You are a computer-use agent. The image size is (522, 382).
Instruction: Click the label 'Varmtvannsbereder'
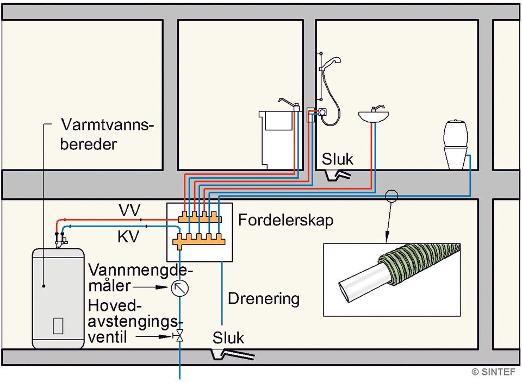(107, 135)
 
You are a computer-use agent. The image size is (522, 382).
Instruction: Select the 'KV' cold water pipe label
(129, 237)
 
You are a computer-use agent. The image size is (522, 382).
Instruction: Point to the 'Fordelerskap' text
(285, 220)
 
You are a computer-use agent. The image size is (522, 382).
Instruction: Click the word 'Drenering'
(264, 298)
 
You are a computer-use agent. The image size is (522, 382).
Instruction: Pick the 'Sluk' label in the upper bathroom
(337, 159)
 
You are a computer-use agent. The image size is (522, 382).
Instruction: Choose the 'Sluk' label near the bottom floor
(228, 337)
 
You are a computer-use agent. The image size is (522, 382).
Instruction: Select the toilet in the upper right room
(456, 144)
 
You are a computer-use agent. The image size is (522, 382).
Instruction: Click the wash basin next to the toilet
(374, 115)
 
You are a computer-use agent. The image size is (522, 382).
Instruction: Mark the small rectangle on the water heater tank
(58, 325)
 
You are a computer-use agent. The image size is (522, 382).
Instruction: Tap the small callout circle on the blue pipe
(391, 196)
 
